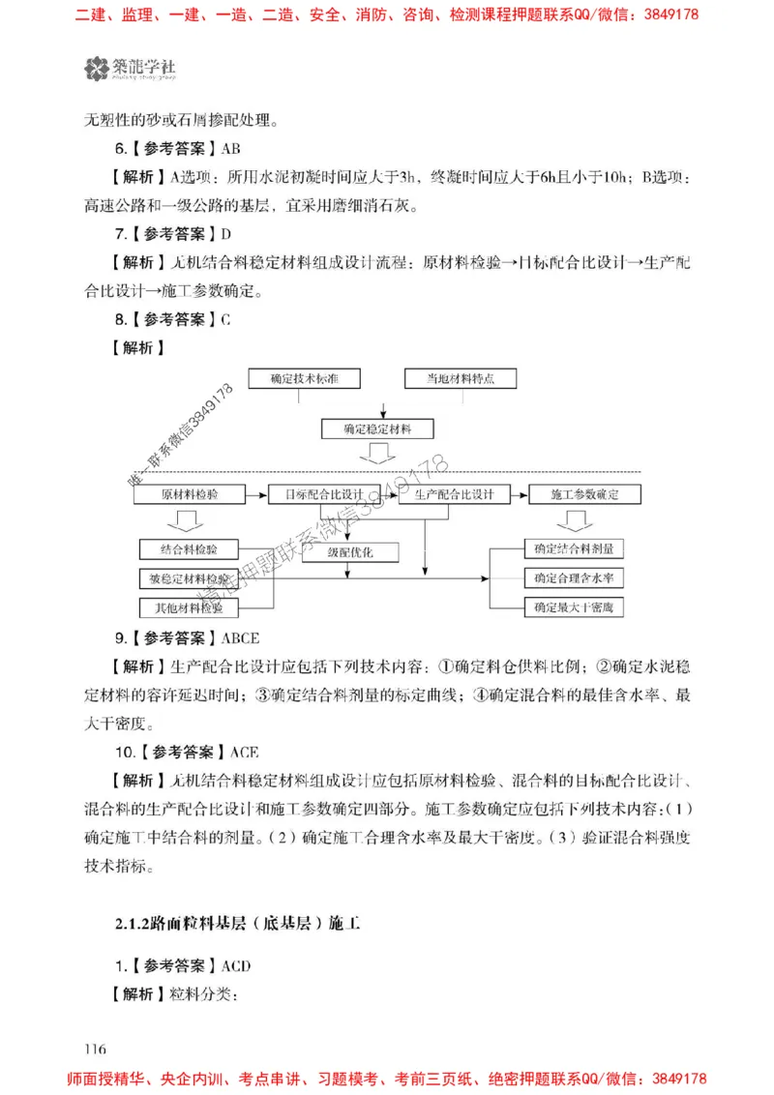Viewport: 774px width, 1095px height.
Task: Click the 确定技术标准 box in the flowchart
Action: tap(303, 378)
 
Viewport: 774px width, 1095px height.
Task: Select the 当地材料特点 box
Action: tap(461, 378)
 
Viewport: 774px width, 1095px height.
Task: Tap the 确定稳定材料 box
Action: tap(376, 429)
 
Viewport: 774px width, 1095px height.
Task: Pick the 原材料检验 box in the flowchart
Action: tap(189, 494)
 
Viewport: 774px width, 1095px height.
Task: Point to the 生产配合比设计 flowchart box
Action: tap(454, 494)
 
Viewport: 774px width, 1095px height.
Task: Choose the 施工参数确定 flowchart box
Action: tap(584, 494)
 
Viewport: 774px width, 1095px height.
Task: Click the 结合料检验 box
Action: tap(189, 549)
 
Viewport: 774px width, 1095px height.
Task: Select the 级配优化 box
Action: tap(350, 553)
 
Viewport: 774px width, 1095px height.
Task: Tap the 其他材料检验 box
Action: tap(189, 608)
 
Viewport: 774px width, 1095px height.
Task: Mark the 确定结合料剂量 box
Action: tap(573, 548)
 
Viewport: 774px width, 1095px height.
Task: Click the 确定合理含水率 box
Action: tap(573, 577)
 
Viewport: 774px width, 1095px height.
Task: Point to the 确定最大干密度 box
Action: tap(573, 607)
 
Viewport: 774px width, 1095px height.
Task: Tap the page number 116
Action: tap(95, 1050)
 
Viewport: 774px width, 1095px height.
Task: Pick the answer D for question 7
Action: tap(226, 233)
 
